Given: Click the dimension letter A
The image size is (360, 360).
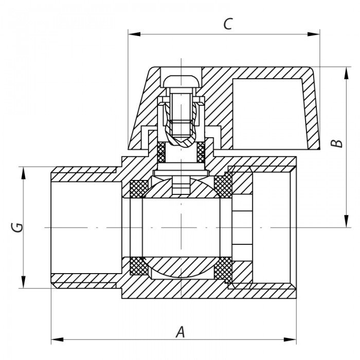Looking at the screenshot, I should pos(179,332).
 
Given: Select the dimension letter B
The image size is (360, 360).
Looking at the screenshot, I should pos(336,142).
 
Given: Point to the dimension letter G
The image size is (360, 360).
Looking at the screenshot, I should pos(17,227).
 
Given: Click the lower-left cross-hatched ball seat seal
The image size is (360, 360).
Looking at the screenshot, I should pos(138,266).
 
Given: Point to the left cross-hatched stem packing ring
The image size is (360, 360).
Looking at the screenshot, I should pos(161,151).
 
